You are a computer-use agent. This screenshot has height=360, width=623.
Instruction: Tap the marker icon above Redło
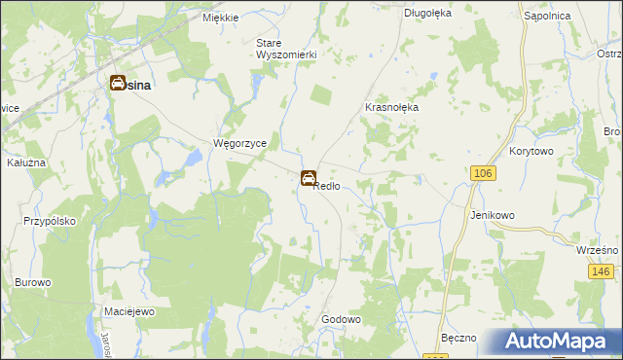point(308,178)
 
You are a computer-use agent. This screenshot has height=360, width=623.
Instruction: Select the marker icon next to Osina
point(117,84)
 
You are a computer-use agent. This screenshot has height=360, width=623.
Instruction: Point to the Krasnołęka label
point(390,107)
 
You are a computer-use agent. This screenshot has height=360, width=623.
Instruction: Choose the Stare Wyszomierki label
point(286,49)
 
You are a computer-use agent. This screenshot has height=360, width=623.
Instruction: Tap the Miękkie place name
point(221,18)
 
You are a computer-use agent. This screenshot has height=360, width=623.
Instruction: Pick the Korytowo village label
point(531,153)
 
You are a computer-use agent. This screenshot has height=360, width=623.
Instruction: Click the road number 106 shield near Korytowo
point(480,172)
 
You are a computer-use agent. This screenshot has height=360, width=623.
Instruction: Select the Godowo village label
point(342,319)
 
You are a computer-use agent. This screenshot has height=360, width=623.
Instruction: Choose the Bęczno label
point(458,338)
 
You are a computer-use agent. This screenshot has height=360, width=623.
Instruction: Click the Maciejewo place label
point(130,312)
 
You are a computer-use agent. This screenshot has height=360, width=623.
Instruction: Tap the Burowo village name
point(32,282)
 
